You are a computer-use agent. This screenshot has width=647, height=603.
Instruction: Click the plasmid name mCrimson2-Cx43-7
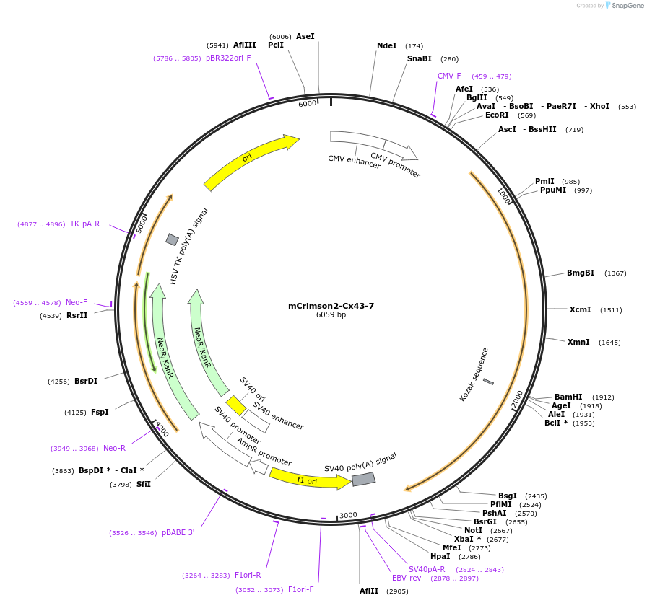(x=331, y=306)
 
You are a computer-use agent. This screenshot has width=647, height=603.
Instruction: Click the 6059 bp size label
(x=331, y=315)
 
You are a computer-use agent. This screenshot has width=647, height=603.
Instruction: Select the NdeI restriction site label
(x=386, y=45)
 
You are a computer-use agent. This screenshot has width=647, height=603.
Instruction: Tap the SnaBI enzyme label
(x=419, y=59)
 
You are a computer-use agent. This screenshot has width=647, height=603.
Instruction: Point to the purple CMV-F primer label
(x=448, y=76)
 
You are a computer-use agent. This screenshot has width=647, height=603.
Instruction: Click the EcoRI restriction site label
(x=497, y=115)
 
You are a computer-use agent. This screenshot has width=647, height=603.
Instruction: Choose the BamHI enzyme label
(x=568, y=397)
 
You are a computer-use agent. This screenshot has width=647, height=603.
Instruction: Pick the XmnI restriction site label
(x=578, y=342)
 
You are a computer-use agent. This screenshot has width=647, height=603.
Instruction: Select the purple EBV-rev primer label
(x=407, y=578)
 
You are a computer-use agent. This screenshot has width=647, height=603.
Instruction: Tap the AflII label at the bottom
(x=369, y=591)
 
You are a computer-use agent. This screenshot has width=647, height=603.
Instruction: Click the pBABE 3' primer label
(x=178, y=532)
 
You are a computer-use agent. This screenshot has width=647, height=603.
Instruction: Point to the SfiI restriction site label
(x=144, y=484)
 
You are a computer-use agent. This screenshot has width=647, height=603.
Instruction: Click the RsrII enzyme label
(x=77, y=315)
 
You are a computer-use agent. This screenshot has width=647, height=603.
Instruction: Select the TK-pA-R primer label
(x=84, y=224)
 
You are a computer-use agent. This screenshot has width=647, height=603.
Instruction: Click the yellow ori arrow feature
(x=250, y=161)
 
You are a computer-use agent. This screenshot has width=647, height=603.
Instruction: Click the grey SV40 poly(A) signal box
(x=363, y=478)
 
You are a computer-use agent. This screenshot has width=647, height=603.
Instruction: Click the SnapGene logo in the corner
(x=623, y=6)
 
